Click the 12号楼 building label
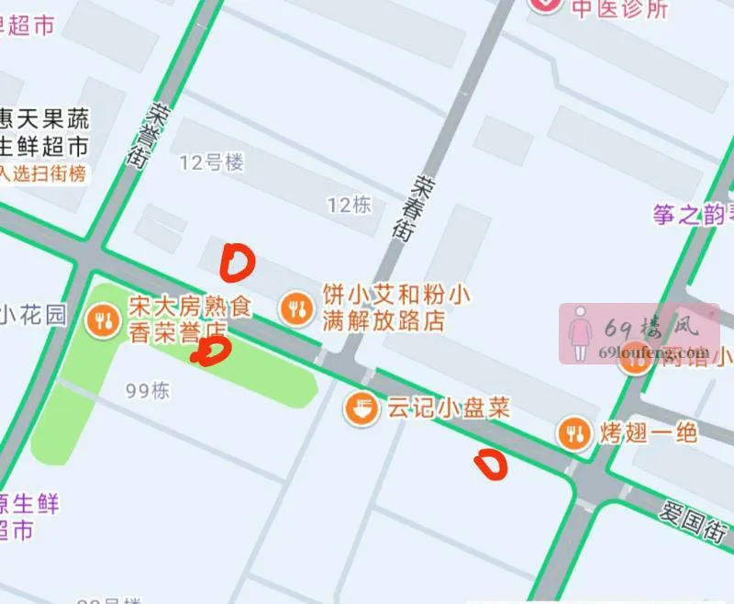pos(212,163)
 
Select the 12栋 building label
pos(349,204)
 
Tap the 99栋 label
pos(148,390)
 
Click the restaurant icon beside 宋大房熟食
pos(101,319)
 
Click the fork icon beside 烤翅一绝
pos(575,432)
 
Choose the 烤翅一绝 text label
pos(650,432)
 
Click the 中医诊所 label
pos(620,8)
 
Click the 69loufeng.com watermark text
pos(653,351)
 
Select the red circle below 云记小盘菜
pos(490,464)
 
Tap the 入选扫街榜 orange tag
pos(43,173)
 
